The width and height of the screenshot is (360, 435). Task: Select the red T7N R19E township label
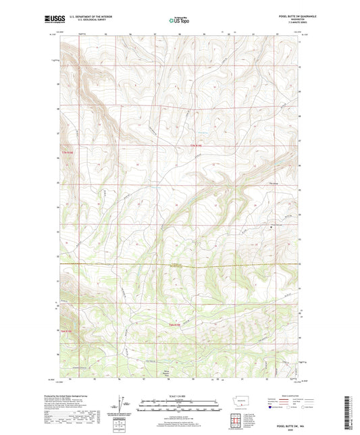(x=196, y=147)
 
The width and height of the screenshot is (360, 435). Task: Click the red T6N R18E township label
(x=66, y=330)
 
